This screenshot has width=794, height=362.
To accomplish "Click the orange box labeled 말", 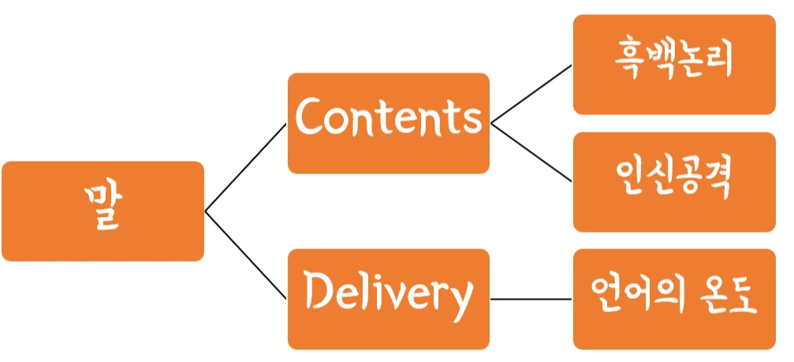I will pos(103,211).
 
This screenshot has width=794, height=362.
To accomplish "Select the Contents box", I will pos(388,123).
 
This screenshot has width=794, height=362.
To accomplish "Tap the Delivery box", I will pos(388,299).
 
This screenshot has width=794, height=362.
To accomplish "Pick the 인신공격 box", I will pos(674,181).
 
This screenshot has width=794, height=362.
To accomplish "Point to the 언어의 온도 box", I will pos(674,299).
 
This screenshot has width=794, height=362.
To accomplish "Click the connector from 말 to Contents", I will pos(244,168).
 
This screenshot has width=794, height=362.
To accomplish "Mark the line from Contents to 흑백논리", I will pos(530,94).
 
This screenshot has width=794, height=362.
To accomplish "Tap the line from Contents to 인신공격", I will pos(530,153).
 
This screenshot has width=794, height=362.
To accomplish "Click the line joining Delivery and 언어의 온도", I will pos(530,300).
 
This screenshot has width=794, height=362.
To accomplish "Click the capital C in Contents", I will pos(309,118).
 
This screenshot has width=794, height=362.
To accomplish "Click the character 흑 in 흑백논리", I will pos(628,61).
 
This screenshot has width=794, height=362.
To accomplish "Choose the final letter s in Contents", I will pos(471,121).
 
